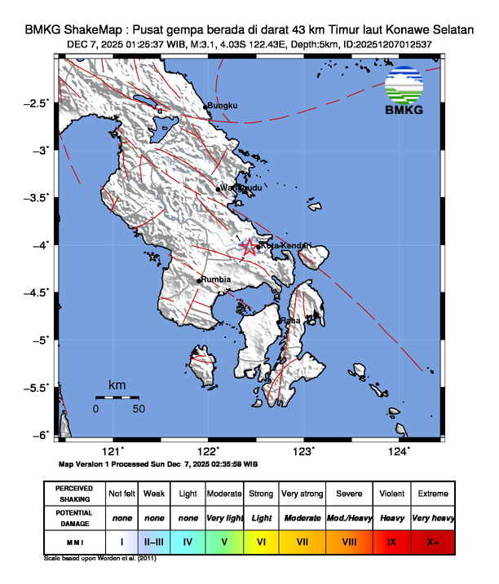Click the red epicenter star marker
(249, 247)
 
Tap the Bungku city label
(223, 106)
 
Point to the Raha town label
(291, 321)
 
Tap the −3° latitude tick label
(39, 150)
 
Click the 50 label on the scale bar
(139, 408)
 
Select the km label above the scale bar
(117, 384)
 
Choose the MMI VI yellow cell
(262, 541)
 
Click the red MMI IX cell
(391, 541)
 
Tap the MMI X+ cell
(431, 541)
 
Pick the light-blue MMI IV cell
(188, 541)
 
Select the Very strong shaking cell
(302, 494)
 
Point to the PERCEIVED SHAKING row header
(73, 494)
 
